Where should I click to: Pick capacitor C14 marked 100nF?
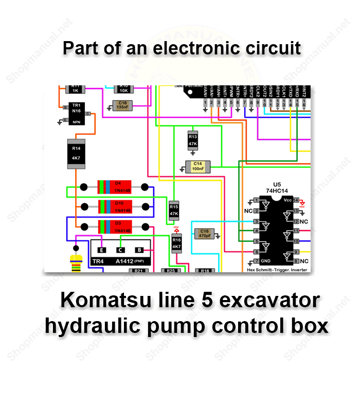197,166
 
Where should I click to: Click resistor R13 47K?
193,140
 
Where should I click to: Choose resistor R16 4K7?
176,243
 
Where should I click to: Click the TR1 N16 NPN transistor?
76,115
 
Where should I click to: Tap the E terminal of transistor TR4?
102,250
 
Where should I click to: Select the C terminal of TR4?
120,250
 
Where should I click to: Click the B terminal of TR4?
139,250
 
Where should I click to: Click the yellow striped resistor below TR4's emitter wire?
76,263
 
